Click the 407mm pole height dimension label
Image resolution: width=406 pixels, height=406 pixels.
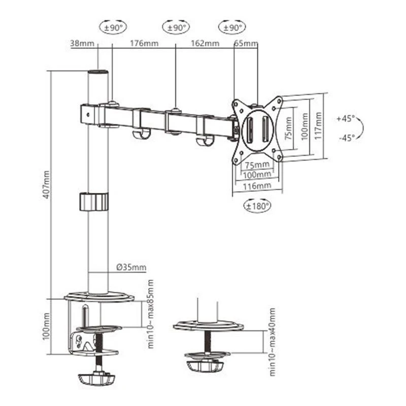point(46,185)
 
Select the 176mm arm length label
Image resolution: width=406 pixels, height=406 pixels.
point(144,43)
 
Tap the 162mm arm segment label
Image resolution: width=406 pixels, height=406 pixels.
point(206,43)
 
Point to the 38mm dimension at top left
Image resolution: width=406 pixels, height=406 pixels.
point(82,43)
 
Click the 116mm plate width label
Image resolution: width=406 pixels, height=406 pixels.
point(257,186)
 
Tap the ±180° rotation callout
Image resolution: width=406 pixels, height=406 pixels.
point(257,206)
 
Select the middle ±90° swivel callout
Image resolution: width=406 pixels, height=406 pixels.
point(175,27)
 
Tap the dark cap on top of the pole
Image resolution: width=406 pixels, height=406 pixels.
point(98,73)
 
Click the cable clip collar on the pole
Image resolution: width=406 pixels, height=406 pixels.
point(94,201)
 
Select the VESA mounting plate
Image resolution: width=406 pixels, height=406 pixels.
point(257,130)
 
